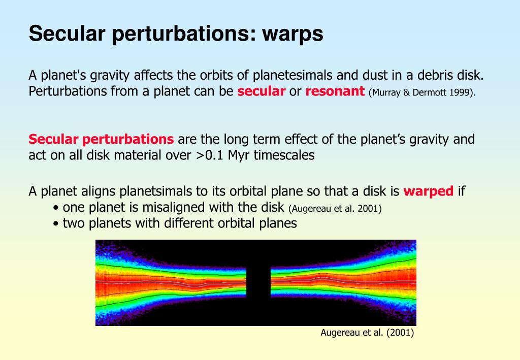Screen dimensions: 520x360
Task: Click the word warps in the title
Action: pyautogui.click(x=292, y=34)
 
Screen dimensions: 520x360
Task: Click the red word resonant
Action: pyautogui.click(x=335, y=91)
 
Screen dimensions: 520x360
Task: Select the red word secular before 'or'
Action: pyautogui.click(x=262, y=91)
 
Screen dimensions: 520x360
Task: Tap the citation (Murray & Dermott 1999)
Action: pyautogui.click(x=422, y=92)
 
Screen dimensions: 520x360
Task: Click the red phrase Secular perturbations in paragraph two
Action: pyautogui.click(x=101, y=140)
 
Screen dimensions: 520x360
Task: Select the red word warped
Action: pyautogui.click(x=429, y=191)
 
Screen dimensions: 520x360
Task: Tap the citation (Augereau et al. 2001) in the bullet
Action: pyautogui.click(x=335, y=209)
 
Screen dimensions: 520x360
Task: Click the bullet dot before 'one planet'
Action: pyautogui.click(x=56, y=208)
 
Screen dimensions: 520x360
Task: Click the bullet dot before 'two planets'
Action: pyautogui.click(x=56, y=224)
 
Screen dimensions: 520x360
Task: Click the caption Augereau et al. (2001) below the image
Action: pyautogui.click(x=367, y=333)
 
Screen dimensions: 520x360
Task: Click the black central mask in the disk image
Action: pyautogui.click(x=258, y=282)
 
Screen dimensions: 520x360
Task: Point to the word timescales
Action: pyautogui.click(x=284, y=155)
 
